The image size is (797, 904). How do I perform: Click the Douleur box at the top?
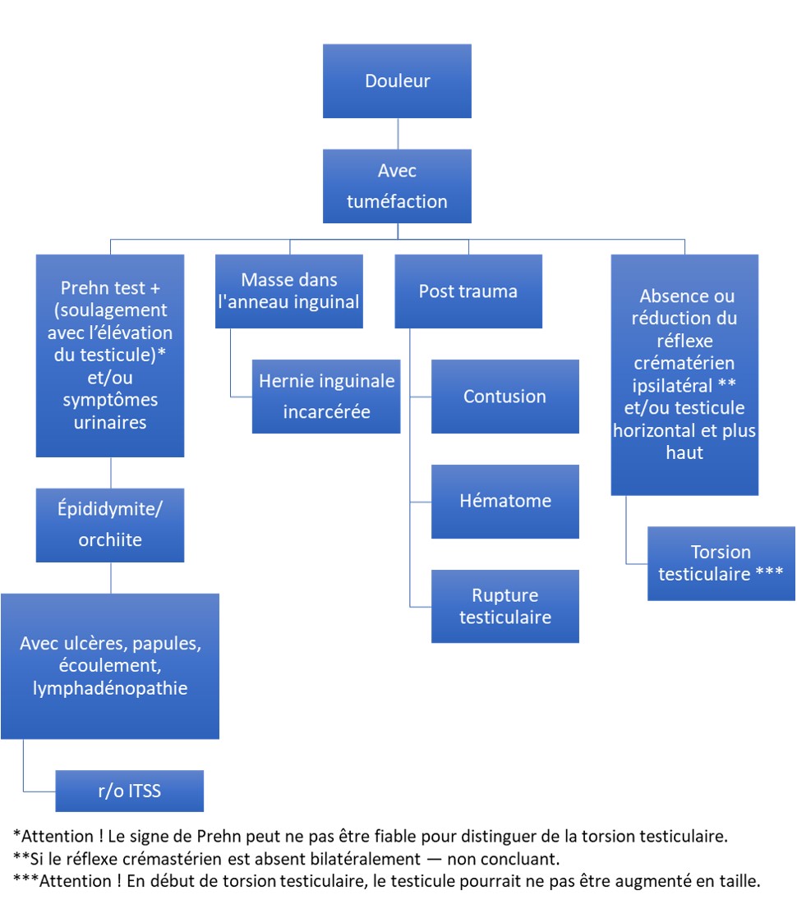pyautogui.click(x=397, y=81)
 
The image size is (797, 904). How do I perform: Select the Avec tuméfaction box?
pyautogui.click(x=397, y=186)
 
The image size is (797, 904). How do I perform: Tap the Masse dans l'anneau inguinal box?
pyautogui.click(x=289, y=291)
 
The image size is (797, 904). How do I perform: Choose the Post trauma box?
pyautogui.click(x=468, y=291)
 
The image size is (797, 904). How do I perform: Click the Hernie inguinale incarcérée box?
pyautogui.click(x=326, y=397)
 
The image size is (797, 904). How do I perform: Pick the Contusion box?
pyautogui.click(x=505, y=397)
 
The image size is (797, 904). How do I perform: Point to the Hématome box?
pyautogui.click(x=505, y=502)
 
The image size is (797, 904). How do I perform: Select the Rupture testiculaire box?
pyautogui.click(x=505, y=607)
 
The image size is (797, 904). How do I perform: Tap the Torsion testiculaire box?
pyautogui.click(x=721, y=563)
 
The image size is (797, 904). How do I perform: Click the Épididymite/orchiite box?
pyautogui.click(x=110, y=525)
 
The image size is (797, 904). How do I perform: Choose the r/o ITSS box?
pyautogui.click(x=129, y=791)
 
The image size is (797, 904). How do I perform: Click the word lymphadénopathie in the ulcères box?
pyautogui.click(x=110, y=688)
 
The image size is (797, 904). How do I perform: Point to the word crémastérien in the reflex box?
pyautogui.click(x=684, y=363)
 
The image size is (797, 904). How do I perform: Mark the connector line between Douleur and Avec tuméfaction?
pyautogui.click(x=398, y=134)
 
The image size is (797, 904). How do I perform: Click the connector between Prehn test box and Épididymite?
pyautogui.click(x=111, y=473)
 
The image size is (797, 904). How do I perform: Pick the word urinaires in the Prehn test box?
pyautogui.click(x=110, y=423)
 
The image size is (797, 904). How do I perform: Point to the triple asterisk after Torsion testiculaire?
pyautogui.click(x=769, y=572)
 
